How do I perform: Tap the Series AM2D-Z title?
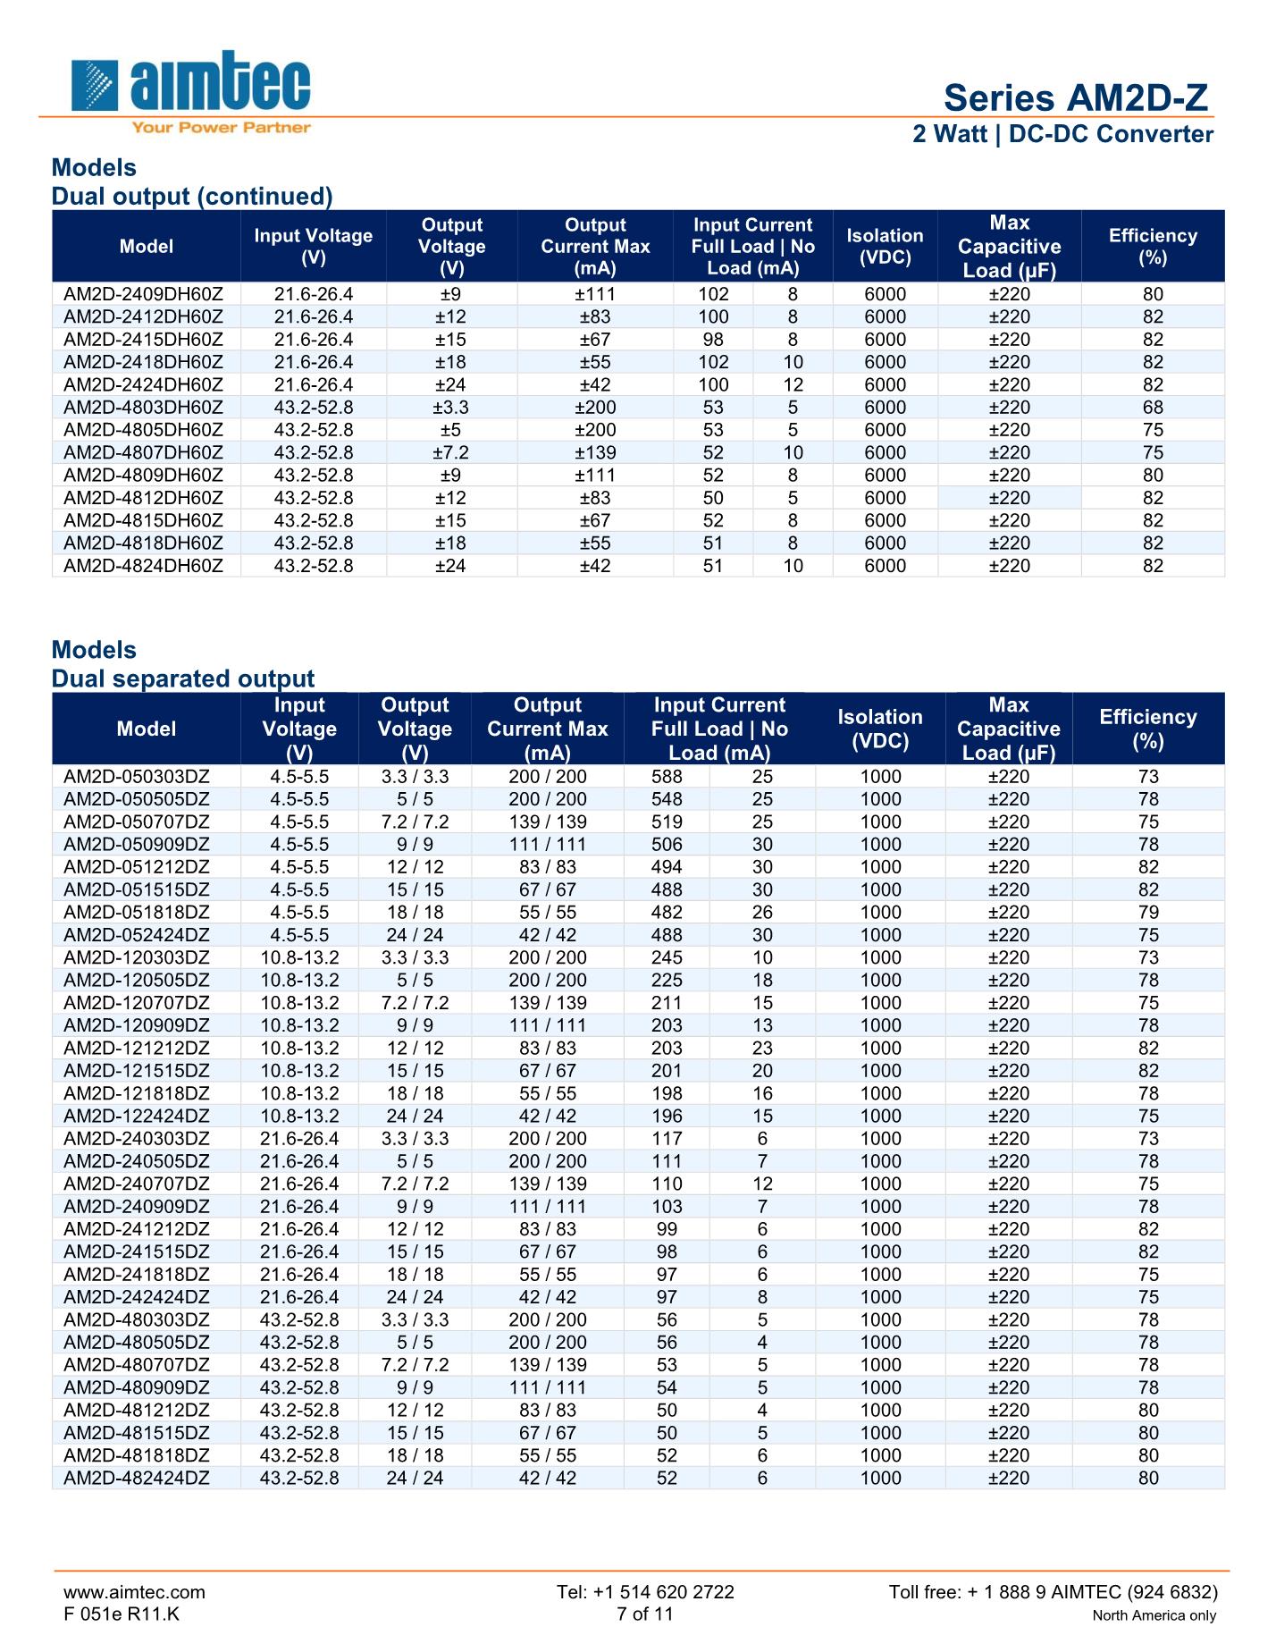(1076, 97)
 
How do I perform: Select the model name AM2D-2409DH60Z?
(143, 294)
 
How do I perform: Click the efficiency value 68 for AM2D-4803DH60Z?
(1153, 408)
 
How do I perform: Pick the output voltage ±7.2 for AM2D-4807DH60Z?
(451, 452)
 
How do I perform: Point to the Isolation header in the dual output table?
(885, 246)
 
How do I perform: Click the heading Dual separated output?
(183, 678)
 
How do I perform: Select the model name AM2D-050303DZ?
(137, 777)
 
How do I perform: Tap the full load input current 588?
(667, 777)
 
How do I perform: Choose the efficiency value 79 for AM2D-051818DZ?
(1148, 913)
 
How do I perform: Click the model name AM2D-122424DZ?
(137, 1117)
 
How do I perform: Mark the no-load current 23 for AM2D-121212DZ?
(762, 1049)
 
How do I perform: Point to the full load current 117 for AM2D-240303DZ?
(667, 1139)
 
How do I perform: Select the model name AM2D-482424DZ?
(137, 1479)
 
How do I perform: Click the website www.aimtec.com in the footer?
(134, 1592)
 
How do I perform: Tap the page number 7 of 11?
(644, 1614)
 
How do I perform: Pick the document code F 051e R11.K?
(122, 1614)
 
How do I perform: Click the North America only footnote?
(1154, 1616)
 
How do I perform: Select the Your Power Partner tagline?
(221, 128)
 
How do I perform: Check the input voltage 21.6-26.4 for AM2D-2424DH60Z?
(313, 385)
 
